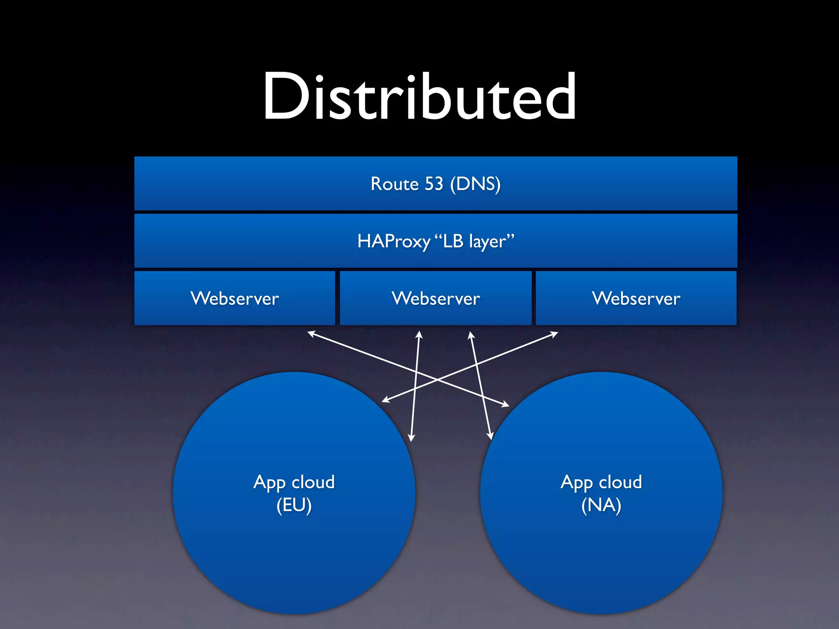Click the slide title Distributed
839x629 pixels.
419,97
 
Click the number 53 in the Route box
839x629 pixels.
434,184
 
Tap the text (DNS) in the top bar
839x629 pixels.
475,184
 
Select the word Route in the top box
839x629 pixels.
395,184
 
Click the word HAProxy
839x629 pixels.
393,241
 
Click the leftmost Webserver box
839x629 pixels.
234,298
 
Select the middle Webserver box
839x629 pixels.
435,298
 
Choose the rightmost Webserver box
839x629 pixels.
636,298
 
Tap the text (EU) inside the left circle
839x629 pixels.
294,505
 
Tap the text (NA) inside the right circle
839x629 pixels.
601,505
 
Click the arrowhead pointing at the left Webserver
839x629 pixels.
311,333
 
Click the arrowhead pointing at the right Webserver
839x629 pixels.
555,334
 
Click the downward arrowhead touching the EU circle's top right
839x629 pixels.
411,438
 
